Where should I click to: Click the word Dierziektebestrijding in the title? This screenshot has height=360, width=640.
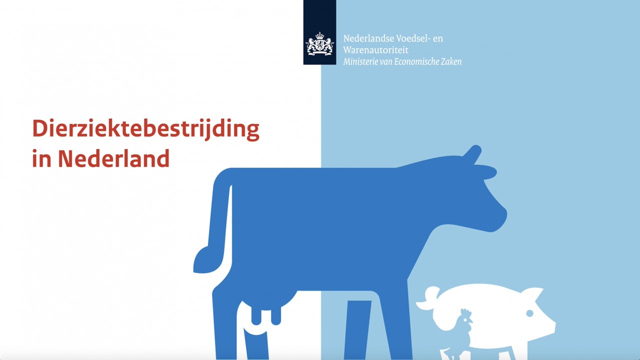click(x=145, y=129)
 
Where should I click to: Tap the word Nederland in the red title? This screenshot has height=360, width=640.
click(x=113, y=158)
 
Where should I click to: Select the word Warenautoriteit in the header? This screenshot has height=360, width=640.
click(x=375, y=50)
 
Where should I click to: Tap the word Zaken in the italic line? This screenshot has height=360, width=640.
click(x=451, y=61)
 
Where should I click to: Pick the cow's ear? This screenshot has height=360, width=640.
click(x=484, y=172)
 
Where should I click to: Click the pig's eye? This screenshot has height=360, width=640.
click(x=529, y=313)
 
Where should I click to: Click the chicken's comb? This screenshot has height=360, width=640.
click(x=465, y=313)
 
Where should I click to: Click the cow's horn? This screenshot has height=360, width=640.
click(x=473, y=154)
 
